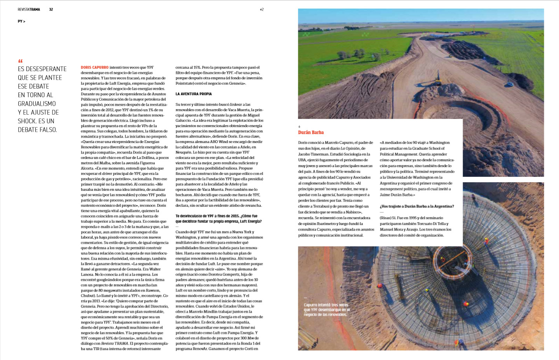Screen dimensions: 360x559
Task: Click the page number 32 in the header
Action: [x=51, y=9]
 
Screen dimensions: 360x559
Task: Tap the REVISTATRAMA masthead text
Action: [x=29, y=9]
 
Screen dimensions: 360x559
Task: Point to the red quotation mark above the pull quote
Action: [x=21, y=61]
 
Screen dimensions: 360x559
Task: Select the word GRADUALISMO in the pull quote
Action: [x=37, y=104]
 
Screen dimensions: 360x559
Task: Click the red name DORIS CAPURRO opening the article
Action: [x=94, y=68]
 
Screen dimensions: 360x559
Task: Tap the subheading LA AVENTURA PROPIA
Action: [x=194, y=94]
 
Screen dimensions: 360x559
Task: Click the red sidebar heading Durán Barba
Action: [x=311, y=133]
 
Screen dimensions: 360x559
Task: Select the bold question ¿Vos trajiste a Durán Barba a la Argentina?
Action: [x=417, y=206]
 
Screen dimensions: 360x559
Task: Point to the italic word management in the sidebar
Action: [x=391, y=189]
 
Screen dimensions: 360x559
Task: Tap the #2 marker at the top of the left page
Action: [x=262, y=9]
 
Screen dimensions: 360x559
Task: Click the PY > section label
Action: [x=21, y=21]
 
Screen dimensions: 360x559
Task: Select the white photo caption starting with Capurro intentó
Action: [x=327, y=310]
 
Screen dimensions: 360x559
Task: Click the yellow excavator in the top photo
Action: [x=438, y=80]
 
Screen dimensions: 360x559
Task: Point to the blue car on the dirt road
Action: [x=509, y=84]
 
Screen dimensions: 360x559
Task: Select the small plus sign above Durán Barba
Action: [x=299, y=127]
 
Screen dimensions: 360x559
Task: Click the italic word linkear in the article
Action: [x=236, y=105]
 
